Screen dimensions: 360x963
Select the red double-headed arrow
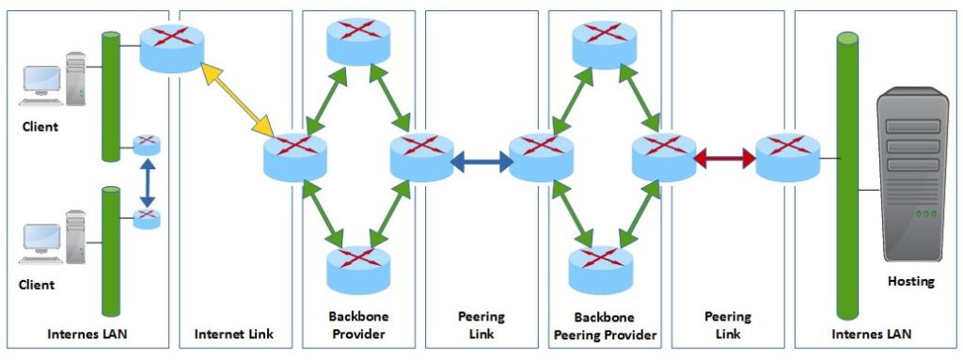(x=724, y=159)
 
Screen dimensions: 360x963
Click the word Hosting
(x=909, y=281)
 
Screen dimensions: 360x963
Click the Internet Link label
(x=235, y=333)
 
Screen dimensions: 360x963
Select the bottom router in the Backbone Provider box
(x=356, y=268)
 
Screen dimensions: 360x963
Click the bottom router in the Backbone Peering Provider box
(x=602, y=267)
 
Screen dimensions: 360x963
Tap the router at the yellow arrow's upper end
(x=171, y=46)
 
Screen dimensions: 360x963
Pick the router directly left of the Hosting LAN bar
(x=787, y=157)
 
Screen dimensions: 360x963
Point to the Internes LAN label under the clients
(x=86, y=333)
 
